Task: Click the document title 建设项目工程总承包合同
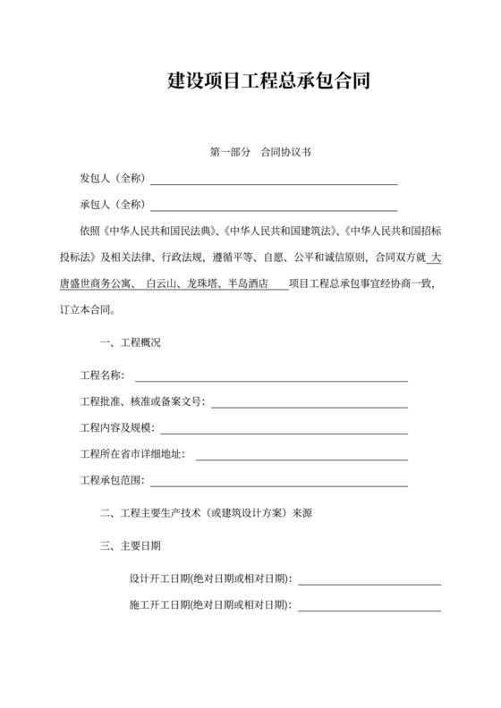[x=268, y=82]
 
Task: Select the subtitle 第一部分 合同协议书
[x=261, y=153]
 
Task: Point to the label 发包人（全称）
[x=113, y=179]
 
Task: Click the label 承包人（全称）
[x=113, y=205]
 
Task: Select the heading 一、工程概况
[x=132, y=342]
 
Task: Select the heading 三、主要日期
[x=132, y=544]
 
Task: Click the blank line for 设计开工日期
[x=369, y=582]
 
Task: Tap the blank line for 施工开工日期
[x=369, y=609]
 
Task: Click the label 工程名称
[x=102, y=375]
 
